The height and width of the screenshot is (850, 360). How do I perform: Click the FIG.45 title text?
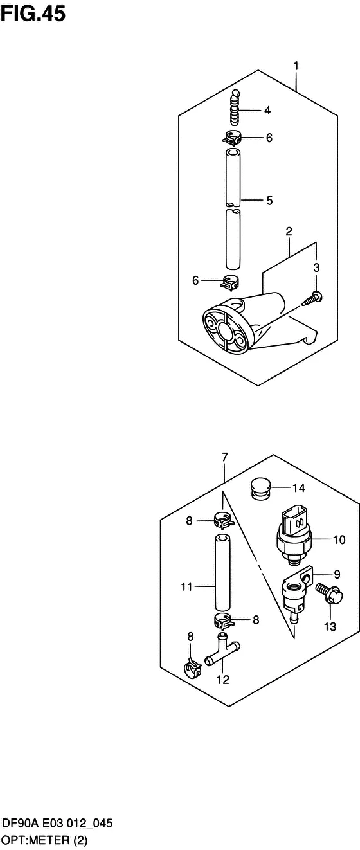tap(33, 14)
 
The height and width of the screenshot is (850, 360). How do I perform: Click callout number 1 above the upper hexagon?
tap(296, 66)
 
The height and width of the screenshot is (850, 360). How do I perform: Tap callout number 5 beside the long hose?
tap(269, 200)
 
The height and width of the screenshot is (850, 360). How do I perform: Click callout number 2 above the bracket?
tap(289, 231)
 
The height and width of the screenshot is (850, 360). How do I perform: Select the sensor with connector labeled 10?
tap(294, 539)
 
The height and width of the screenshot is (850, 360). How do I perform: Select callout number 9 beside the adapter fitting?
tap(337, 574)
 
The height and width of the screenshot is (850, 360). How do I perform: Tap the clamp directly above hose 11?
tap(224, 521)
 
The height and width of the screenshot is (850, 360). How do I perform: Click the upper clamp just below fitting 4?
tap(231, 138)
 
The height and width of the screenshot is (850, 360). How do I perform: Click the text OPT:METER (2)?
tap(45, 840)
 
